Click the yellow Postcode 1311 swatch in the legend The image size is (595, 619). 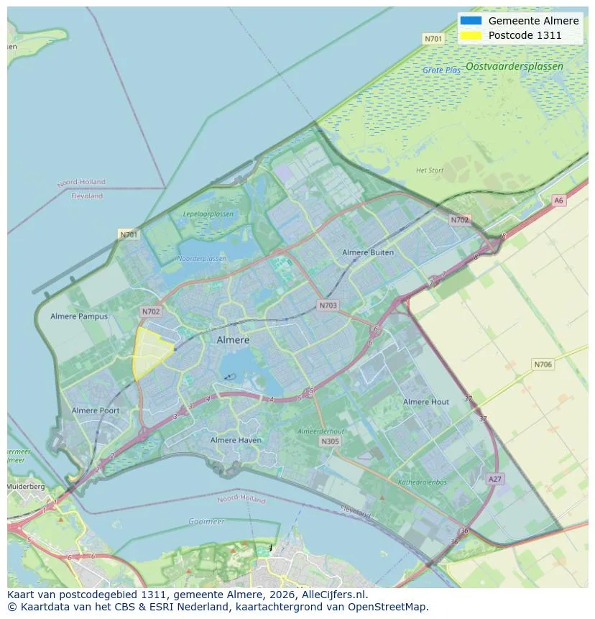(x=471, y=35)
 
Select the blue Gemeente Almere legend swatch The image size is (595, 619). (x=471, y=21)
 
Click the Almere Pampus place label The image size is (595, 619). (x=79, y=316)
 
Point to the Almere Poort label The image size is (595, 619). (x=96, y=411)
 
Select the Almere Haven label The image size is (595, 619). (x=236, y=440)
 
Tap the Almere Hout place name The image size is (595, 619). (x=425, y=402)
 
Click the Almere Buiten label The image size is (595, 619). (x=367, y=252)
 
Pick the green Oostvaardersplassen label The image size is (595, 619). (x=514, y=66)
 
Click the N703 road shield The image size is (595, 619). (x=328, y=306)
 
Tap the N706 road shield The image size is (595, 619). (x=543, y=364)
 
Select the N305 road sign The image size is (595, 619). (x=330, y=441)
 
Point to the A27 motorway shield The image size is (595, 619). (x=494, y=479)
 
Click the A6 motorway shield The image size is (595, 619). (x=558, y=201)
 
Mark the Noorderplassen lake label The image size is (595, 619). (x=201, y=259)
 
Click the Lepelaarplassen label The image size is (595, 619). (x=208, y=214)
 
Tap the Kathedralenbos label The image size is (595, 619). (x=423, y=482)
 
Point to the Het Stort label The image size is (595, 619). (x=430, y=170)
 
